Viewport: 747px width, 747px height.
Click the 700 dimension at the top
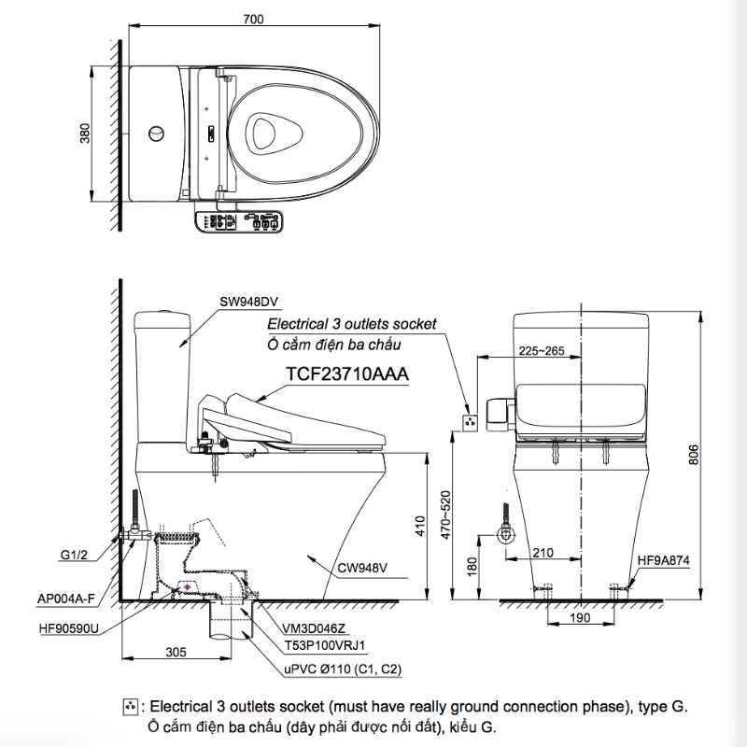point(253,19)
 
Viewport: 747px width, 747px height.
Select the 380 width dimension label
point(85,134)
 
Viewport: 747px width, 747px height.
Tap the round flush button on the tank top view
point(156,134)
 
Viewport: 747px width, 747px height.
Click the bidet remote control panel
point(239,221)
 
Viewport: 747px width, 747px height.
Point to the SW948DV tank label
point(248,302)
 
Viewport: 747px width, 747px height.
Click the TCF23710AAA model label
point(347,374)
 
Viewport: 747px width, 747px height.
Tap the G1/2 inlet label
point(74,555)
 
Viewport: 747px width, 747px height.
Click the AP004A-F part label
point(66,599)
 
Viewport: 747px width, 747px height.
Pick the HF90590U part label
point(68,628)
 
